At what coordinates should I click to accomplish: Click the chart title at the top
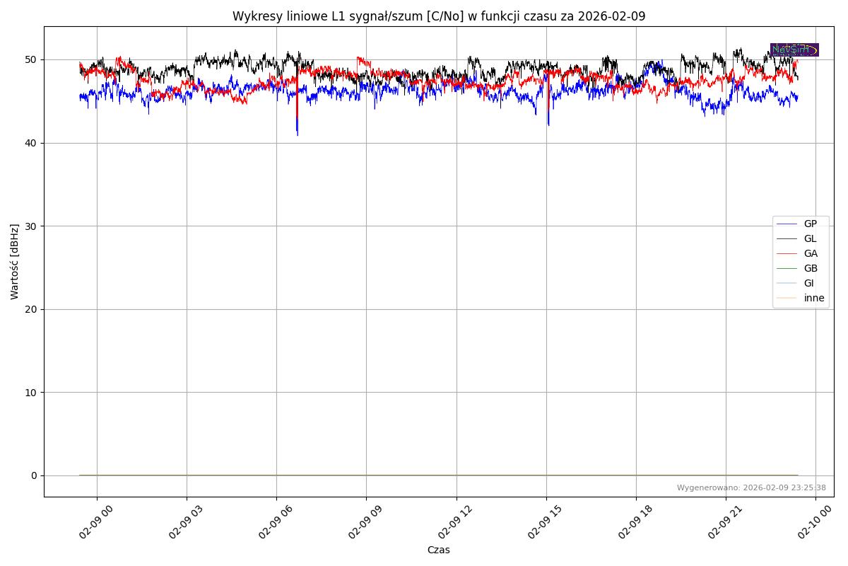[x=439, y=16]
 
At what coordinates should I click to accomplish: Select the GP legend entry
[x=810, y=224]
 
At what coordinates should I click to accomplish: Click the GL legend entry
[x=810, y=238]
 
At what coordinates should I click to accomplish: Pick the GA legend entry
[x=810, y=253]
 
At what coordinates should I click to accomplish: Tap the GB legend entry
[x=810, y=268]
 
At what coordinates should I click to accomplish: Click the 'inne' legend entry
[x=813, y=298]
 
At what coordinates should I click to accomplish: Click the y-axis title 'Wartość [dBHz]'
[x=15, y=261]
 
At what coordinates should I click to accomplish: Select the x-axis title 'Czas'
[x=438, y=550]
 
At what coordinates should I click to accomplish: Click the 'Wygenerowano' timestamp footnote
[x=751, y=487]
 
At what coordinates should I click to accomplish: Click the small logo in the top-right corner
[x=794, y=50]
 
